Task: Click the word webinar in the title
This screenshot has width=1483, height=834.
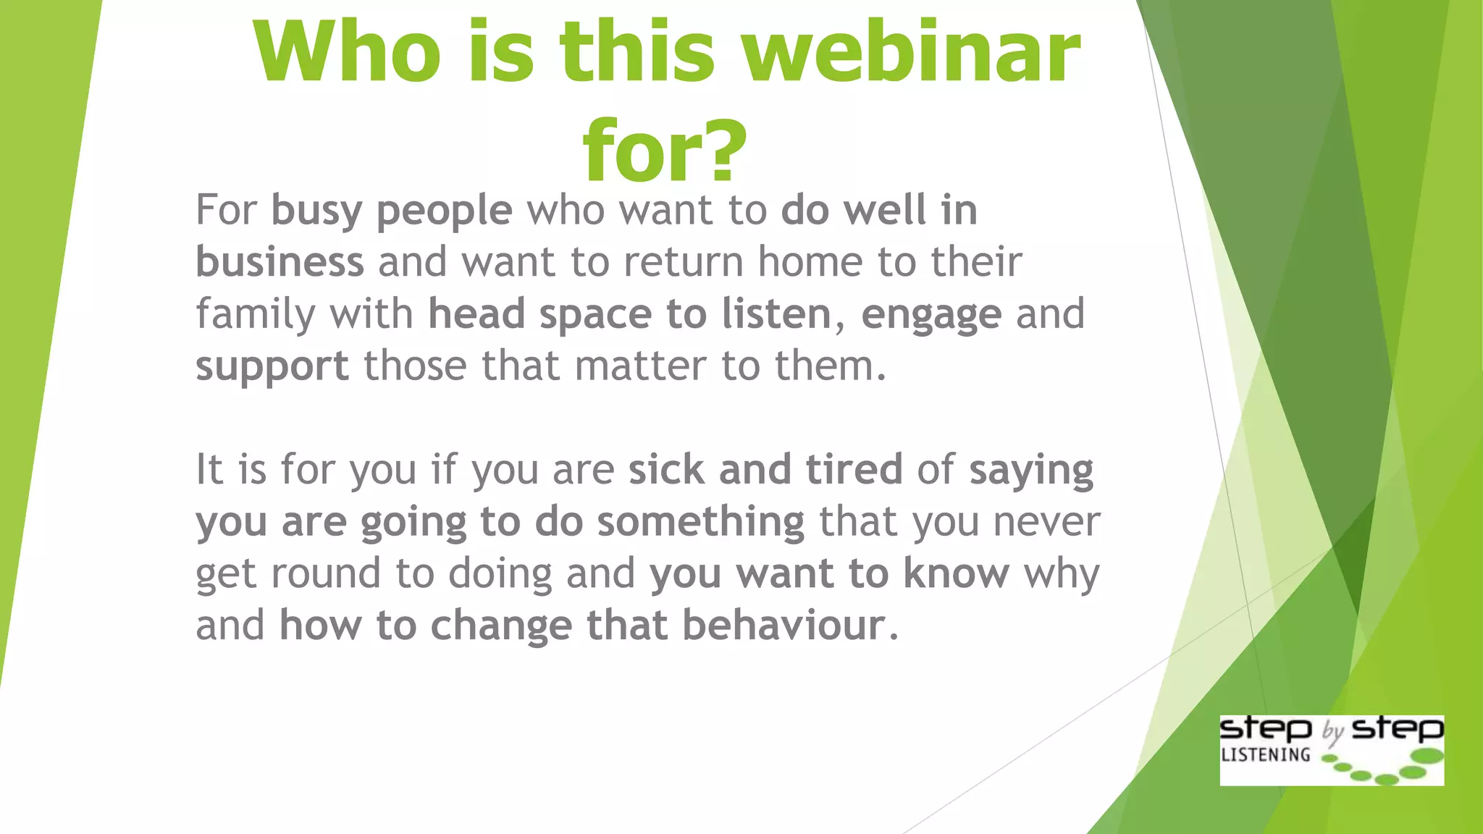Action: click(912, 52)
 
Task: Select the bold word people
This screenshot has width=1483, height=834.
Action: click(444, 211)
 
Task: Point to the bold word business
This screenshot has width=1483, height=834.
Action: click(280, 261)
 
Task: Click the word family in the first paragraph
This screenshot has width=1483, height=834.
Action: click(256, 315)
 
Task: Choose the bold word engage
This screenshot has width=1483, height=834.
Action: click(931, 315)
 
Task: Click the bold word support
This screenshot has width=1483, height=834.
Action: click(272, 366)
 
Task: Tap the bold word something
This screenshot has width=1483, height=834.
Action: click(700, 522)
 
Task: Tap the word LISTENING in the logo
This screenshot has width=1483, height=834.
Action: click(1265, 755)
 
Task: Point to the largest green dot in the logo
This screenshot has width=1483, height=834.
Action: click(1427, 757)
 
